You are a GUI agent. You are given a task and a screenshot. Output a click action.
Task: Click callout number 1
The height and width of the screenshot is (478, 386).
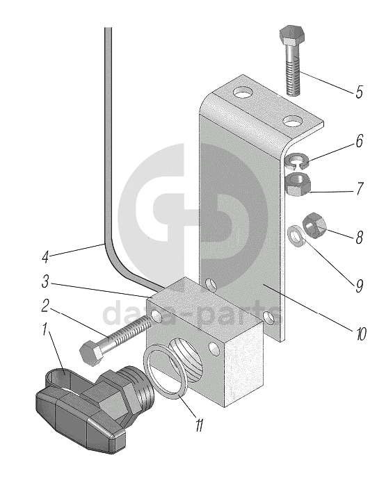pos(45,331)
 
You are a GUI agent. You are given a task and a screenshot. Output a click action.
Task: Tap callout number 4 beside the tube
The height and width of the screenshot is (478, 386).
pos(45,256)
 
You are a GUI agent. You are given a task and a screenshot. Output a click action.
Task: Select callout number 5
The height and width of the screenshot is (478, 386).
pos(359,92)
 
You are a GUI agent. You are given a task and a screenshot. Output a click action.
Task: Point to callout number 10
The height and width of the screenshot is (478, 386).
pos(360,334)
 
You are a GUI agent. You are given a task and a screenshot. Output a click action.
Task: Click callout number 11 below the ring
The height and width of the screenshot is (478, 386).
pos(199,425)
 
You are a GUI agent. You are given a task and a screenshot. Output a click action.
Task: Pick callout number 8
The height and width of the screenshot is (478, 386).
pos(359,237)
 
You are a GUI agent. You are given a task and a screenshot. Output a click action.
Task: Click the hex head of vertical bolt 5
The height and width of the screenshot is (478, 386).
pos(292,34)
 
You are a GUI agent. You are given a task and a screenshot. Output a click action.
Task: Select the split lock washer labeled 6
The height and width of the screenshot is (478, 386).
pos(296,161)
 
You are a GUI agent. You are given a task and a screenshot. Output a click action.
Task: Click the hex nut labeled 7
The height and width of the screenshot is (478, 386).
pos(298,183)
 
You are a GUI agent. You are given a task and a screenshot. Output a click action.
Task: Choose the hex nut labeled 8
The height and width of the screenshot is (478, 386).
pos(314,226)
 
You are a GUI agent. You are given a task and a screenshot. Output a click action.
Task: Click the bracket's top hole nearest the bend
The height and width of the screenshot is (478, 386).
pos(243,92)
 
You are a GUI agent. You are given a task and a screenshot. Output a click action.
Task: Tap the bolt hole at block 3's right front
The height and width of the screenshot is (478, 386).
pos(214,349)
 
